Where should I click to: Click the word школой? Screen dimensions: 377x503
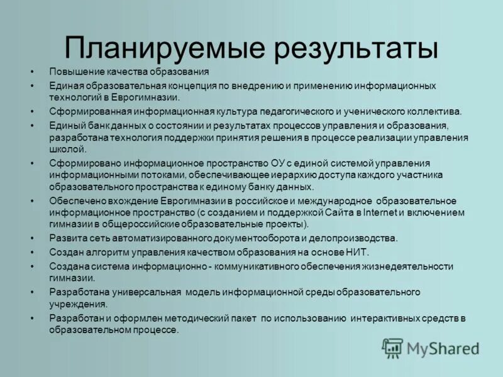67,149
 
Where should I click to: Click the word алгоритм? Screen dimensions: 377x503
108,251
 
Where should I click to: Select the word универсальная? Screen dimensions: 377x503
145,292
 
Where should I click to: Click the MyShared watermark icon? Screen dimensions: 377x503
392,347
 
